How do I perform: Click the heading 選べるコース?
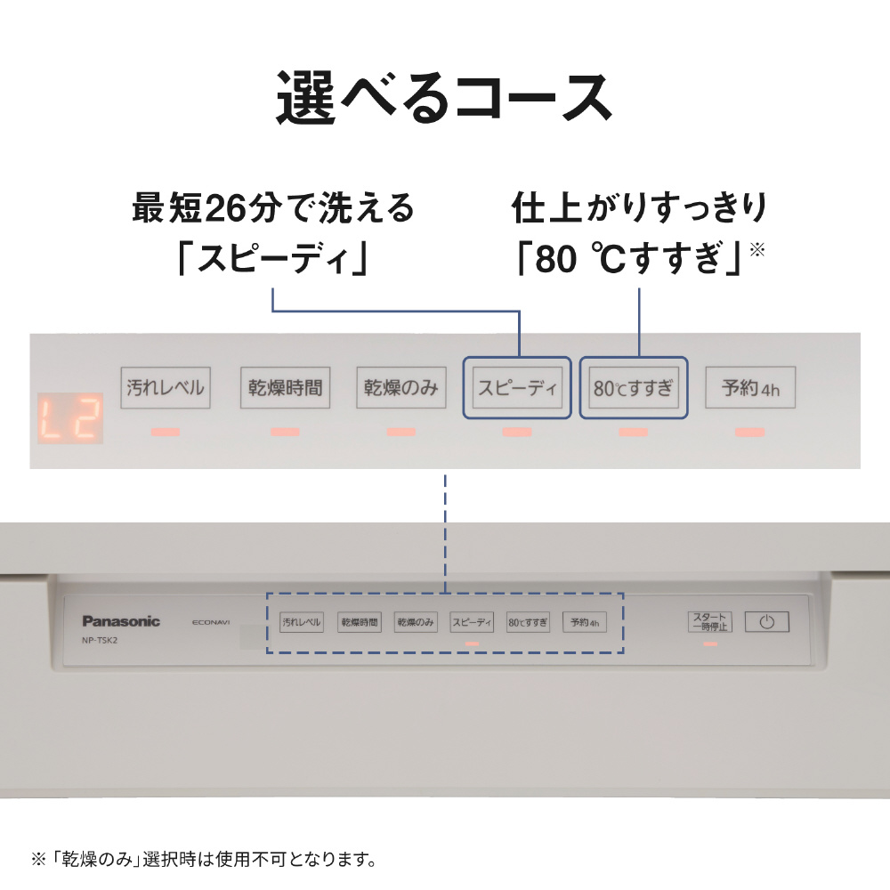pyautogui.click(x=444, y=97)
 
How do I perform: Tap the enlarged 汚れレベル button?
pyautogui.click(x=166, y=388)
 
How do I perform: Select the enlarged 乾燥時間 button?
pyautogui.click(x=285, y=388)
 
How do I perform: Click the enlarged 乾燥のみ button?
pyautogui.click(x=401, y=388)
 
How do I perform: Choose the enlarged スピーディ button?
pyautogui.click(x=517, y=388)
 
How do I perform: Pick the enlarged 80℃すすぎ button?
pyautogui.click(x=634, y=388)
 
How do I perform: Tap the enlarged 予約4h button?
pyautogui.click(x=750, y=388)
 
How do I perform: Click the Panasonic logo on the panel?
pyautogui.click(x=121, y=621)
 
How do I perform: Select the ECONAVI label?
pyautogui.click(x=210, y=622)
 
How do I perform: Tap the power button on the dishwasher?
pyautogui.click(x=766, y=622)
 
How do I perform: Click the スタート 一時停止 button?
pyautogui.click(x=709, y=621)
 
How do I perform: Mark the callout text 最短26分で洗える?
pyautogui.click(x=274, y=208)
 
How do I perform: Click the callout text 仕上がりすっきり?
pyautogui.click(x=639, y=208)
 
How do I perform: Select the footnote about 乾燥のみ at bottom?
pyautogui.click(x=204, y=860)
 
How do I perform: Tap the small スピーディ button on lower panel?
pyautogui.click(x=472, y=622)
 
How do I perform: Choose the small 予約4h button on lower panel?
pyautogui.click(x=584, y=622)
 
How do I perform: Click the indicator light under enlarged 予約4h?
pyautogui.click(x=750, y=433)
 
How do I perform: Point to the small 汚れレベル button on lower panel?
pyautogui.click(x=301, y=622)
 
